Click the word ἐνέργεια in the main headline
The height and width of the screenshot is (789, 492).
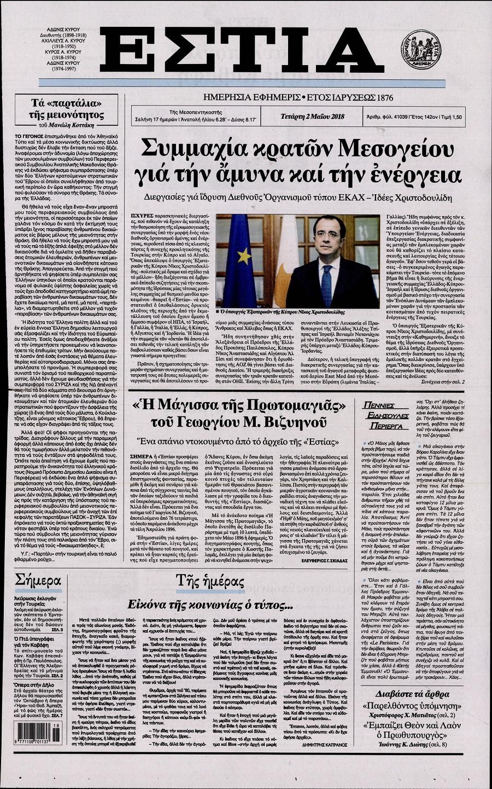click(x=417, y=175)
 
